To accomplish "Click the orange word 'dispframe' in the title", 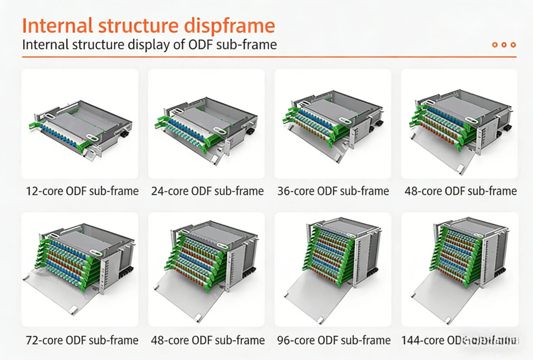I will [x=229, y=26].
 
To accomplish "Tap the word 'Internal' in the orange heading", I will [x=57, y=26].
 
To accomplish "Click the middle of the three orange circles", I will [x=504, y=45].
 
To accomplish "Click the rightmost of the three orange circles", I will [x=513, y=45].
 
